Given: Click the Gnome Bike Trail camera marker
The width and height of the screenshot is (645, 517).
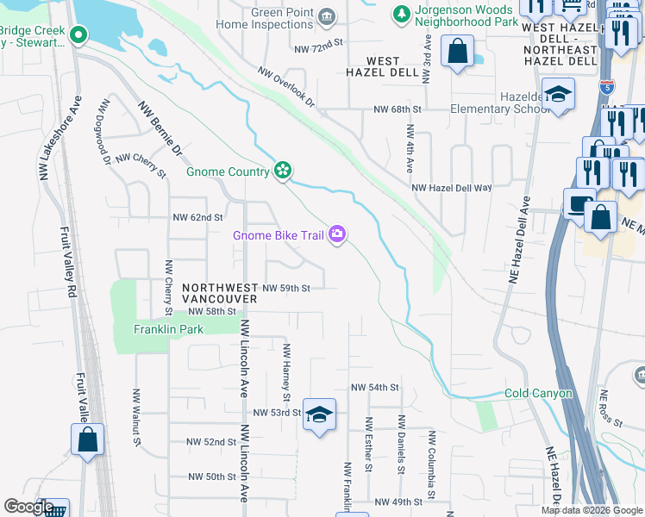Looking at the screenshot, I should [x=337, y=234].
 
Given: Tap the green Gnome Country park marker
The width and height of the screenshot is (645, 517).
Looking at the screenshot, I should [x=281, y=171].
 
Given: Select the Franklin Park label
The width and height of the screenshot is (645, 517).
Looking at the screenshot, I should [x=156, y=329].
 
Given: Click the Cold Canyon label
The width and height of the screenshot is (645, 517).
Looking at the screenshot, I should [x=538, y=394].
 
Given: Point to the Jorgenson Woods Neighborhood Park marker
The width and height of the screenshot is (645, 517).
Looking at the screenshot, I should [x=401, y=15].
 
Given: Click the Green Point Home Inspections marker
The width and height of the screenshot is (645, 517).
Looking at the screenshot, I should [x=326, y=16].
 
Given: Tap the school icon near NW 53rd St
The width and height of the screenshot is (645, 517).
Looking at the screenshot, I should [x=319, y=414].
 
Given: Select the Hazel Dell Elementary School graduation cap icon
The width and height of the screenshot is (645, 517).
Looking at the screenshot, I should [x=559, y=96].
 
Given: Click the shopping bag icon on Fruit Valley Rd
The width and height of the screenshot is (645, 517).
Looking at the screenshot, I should [x=87, y=440].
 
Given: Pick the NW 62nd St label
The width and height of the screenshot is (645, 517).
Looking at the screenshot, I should [x=197, y=218].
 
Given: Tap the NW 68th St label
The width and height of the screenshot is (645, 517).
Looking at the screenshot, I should [x=397, y=109].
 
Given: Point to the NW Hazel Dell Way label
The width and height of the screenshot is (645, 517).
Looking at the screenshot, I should [x=451, y=187].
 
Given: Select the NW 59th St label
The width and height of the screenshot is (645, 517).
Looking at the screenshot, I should [x=286, y=288].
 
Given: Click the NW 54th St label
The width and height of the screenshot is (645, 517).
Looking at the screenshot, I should [x=374, y=389].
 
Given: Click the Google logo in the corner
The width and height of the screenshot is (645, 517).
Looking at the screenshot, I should [x=28, y=507].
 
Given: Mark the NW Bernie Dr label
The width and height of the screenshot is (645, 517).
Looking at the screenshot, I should [x=160, y=131].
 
